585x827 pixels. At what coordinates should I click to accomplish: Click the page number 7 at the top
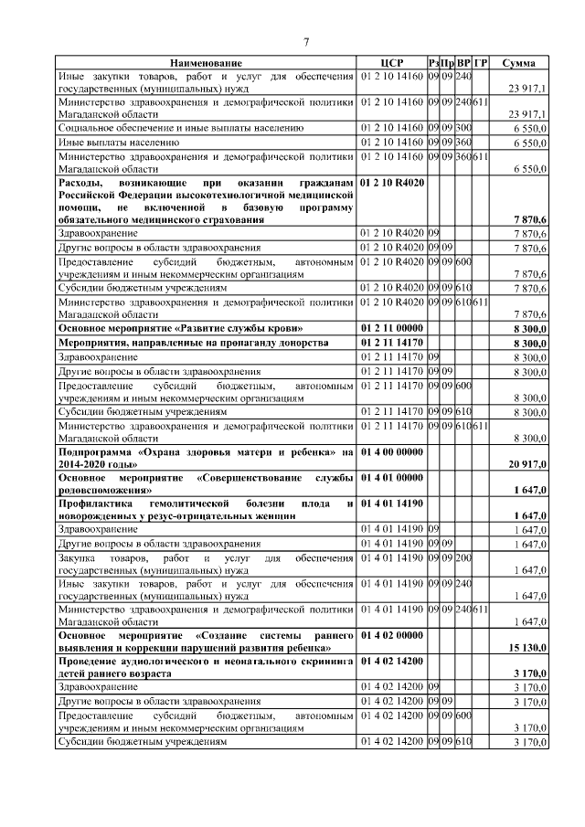click(306, 42)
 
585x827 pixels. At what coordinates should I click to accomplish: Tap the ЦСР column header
click(392, 62)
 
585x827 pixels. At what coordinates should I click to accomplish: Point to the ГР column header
click(481, 62)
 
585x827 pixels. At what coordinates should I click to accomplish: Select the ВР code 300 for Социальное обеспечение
click(463, 128)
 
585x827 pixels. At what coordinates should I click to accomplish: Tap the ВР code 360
click(463, 143)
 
